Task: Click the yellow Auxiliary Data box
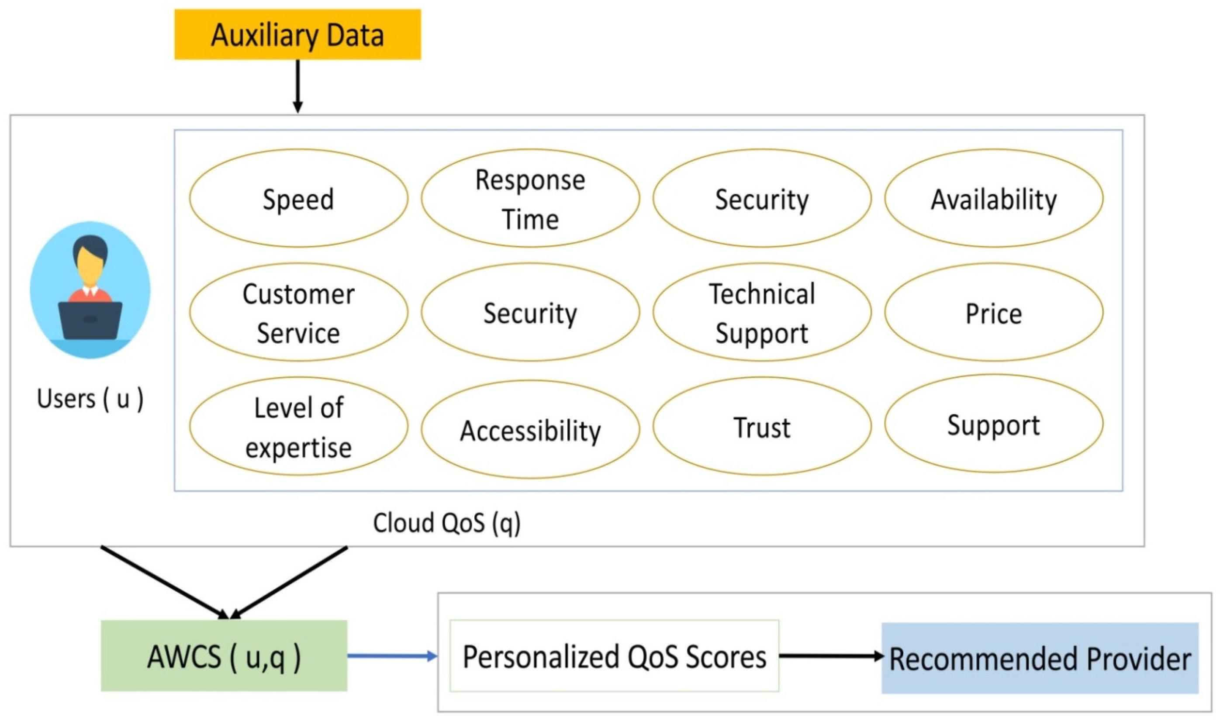297,34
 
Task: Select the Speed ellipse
298,198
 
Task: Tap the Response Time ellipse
530,198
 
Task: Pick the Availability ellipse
994,198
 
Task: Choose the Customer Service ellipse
298,312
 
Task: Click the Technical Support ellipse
762,312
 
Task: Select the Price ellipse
994,312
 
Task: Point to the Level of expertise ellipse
298,427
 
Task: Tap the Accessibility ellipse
530,429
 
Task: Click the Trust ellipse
762,427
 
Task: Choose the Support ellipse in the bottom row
994,424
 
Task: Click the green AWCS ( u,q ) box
224,656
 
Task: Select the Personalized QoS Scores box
614,656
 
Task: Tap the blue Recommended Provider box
1040,658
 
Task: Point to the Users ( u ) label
90,398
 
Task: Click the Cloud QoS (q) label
446,523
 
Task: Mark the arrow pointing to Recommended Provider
830,656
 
